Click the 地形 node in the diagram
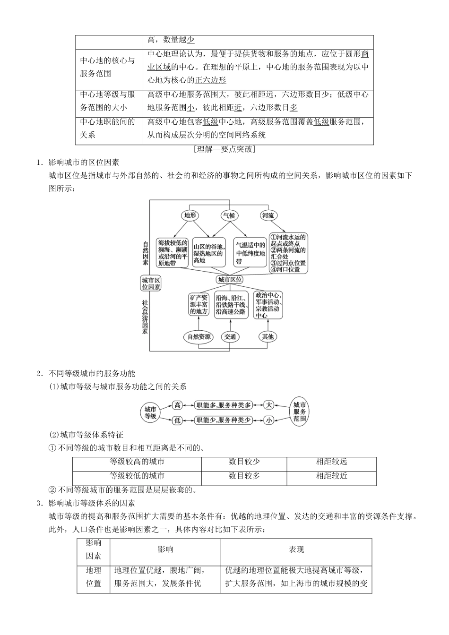tap(190, 216)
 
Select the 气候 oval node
tap(229, 216)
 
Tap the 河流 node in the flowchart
tap(268, 216)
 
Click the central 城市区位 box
tap(230, 280)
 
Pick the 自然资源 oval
tap(199, 337)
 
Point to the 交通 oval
tap(230, 337)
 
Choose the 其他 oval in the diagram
tap(268, 337)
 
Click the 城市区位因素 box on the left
tap(151, 283)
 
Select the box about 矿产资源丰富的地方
tap(199, 305)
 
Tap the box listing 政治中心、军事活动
tap(268, 305)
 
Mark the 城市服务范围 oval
tap(300, 412)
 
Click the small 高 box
tap(178, 405)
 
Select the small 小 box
tap(269, 420)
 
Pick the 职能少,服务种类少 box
tap(224, 420)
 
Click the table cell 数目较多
tap(244, 476)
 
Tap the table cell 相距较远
tap(331, 462)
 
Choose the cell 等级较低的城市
tap(137, 476)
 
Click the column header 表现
tap(296, 549)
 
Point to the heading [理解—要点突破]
tap(224, 149)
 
